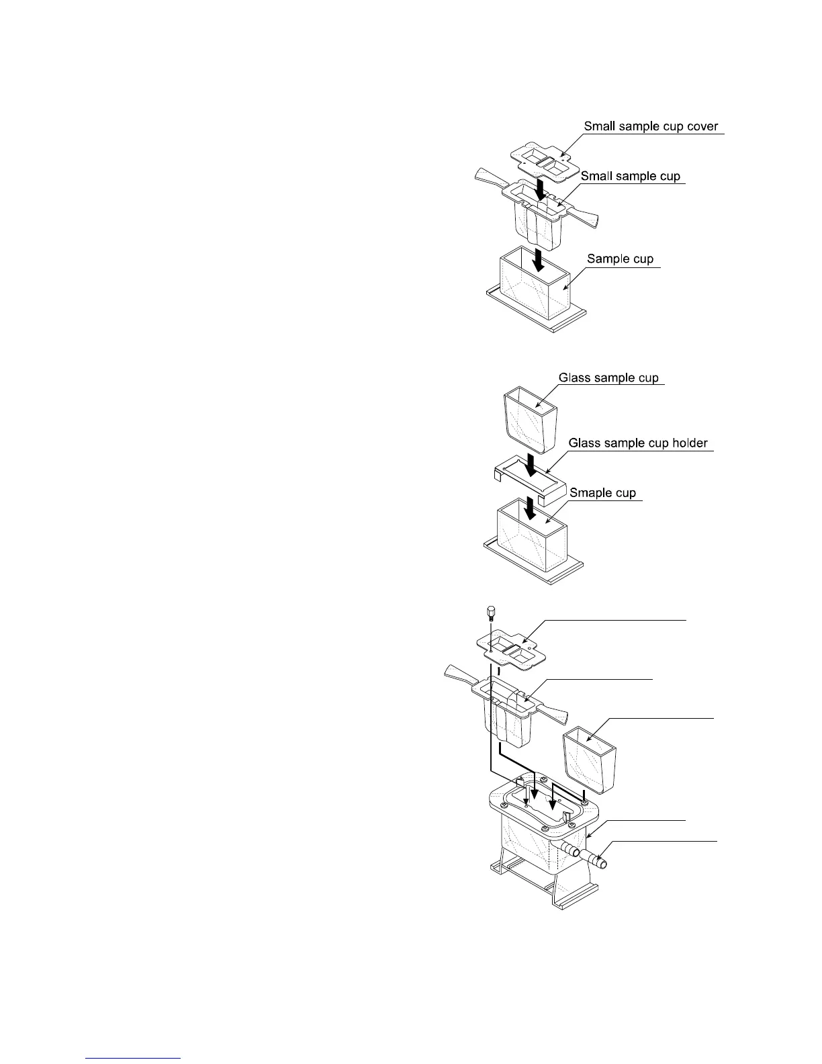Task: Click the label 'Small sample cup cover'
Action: pos(651,126)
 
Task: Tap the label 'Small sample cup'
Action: pos(630,176)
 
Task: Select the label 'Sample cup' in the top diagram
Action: pos(620,259)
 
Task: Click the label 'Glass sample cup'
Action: pos(608,378)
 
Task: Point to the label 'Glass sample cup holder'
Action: pos(638,443)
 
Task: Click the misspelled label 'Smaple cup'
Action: pos(602,493)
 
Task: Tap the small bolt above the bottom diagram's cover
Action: pos(490,613)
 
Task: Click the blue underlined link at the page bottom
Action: pos(134,1058)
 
